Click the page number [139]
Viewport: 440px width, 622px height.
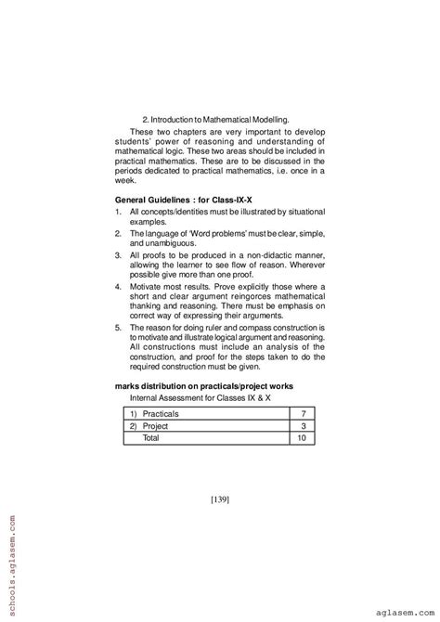pyautogui.click(x=220, y=499)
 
